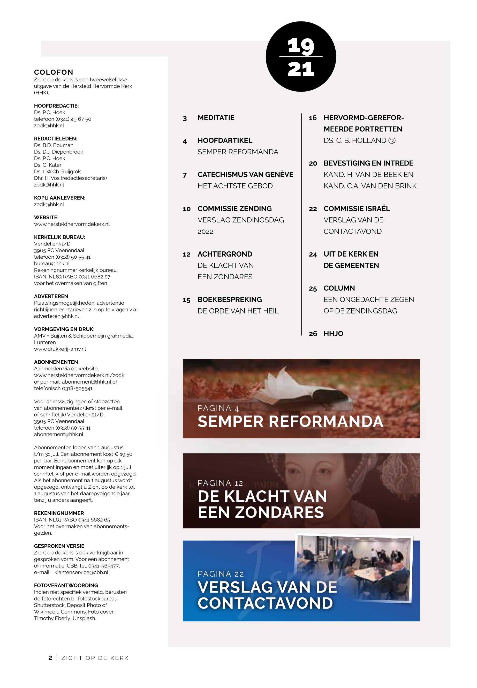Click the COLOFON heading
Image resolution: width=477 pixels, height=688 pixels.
[x=54, y=72]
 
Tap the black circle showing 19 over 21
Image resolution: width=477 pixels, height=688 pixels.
[x=301, y=56]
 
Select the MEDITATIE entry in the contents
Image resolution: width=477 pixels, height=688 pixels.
[x=216, y=118]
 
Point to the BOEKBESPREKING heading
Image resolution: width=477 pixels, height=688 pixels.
[x=230, y=300]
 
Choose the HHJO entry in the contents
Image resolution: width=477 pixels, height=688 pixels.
[x=333, y=334]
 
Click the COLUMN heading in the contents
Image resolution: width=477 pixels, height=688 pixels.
[x=339, y=288]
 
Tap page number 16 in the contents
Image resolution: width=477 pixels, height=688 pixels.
[x=313, y=118]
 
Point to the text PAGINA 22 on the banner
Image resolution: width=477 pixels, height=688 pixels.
[x=221, y=574]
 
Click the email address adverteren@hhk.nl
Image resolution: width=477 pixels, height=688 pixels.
[x=56, y=316]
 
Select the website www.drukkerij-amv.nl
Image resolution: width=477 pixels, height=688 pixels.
[x=60, y=349]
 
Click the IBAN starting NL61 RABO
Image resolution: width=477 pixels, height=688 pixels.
[x=72, y=520]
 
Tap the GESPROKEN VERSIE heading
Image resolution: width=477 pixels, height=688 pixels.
[x=59, y=546]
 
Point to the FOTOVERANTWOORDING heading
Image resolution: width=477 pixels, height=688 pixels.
[x=66, y=585]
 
